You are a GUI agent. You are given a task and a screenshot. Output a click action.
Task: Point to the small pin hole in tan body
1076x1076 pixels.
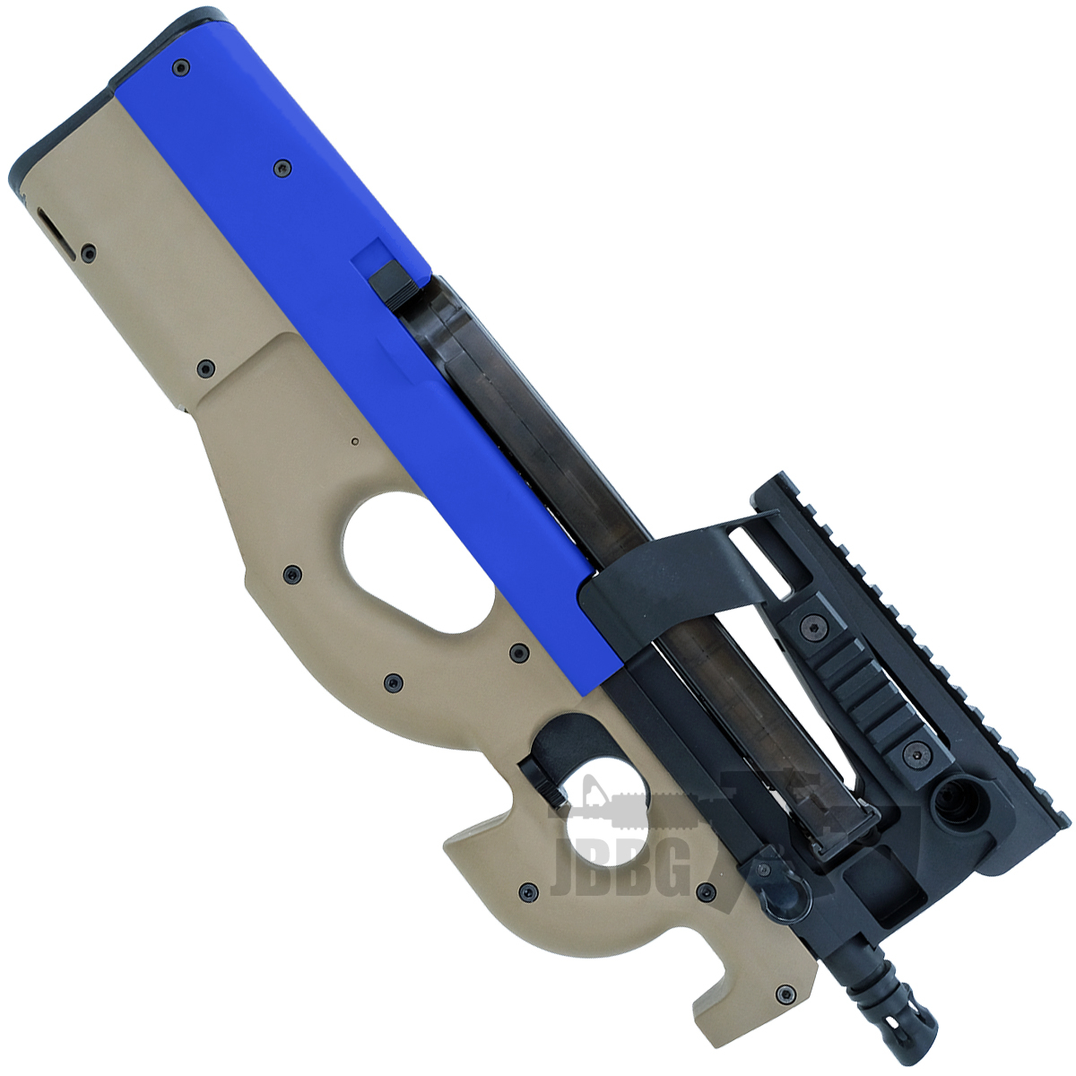355,440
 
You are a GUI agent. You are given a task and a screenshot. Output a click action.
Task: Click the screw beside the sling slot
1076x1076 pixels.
88,254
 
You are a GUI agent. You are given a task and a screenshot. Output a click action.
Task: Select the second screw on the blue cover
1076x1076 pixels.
283,166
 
